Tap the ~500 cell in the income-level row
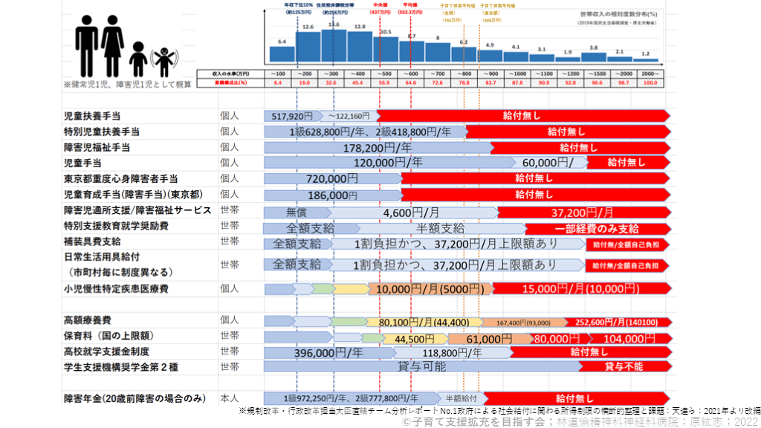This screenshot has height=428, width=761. (x=385, y=74)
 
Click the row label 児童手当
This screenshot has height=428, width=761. (x=82, y=163)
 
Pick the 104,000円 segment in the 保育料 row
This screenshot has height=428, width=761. (x=623, y=338)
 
